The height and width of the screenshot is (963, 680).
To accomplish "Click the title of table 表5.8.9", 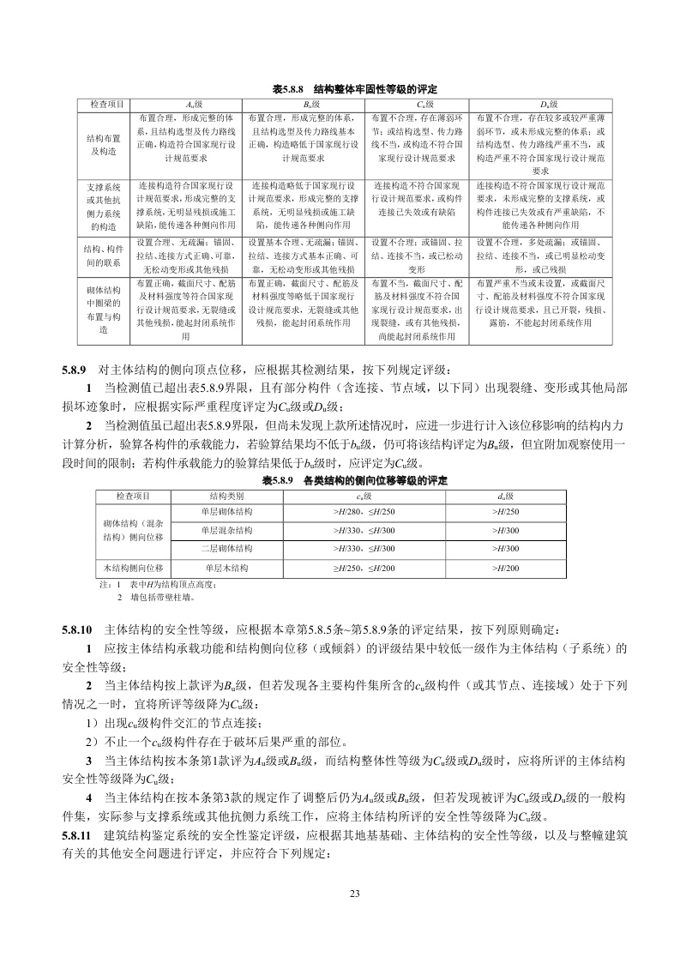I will (x=354, y=480).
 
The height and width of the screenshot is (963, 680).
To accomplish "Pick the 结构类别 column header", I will (x=226, y=497).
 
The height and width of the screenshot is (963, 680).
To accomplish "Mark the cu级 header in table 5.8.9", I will (x=364, y=497).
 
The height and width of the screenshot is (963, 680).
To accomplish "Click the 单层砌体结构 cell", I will (x=226, y=512).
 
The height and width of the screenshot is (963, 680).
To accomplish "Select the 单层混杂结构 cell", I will (x=226, y=531).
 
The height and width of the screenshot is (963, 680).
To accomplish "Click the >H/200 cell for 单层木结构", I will (x=507, y=568).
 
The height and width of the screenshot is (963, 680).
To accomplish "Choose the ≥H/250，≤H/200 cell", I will (x=364, y=568).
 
